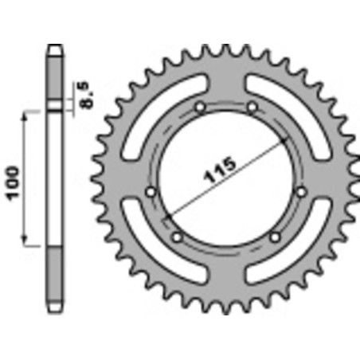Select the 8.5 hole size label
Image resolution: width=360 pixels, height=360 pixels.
[x=88, y=93]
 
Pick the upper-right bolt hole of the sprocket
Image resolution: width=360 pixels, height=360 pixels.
[x=252, y=106]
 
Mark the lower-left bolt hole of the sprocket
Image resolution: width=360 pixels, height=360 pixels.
[x=177, y=235]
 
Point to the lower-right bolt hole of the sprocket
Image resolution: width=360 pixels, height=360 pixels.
[x=276, y=235]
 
